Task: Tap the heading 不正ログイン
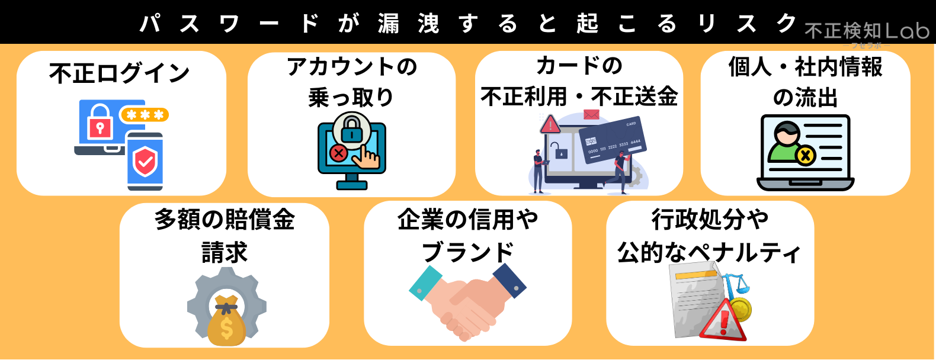(119, 73)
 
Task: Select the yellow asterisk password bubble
(145, 114)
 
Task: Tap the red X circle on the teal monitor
(338, 154)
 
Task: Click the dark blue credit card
(612, 140)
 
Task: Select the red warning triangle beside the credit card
(550, 124)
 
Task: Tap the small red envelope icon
(591, 114)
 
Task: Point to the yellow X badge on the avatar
(805, 156)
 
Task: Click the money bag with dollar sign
(226, 322)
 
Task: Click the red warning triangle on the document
(723, 321)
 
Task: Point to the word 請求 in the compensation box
(225, 253)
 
